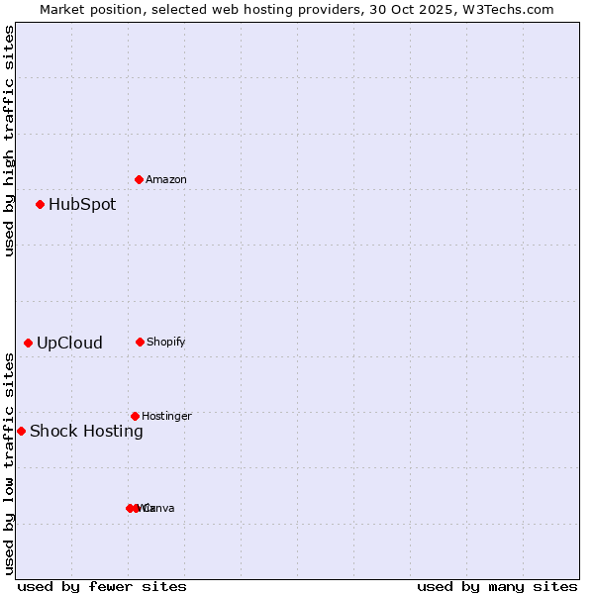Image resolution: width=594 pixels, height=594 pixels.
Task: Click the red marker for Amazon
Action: (140, 179)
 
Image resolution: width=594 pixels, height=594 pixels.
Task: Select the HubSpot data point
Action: (41, 205)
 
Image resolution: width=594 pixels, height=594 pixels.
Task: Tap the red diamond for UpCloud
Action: (29, 344)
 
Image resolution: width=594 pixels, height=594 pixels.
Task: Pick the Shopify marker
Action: (140, 342)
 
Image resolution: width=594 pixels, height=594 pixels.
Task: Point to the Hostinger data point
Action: (135, 416)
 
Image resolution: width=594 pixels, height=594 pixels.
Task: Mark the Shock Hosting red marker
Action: (21, 431)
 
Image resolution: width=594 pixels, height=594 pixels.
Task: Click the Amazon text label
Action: (166, 179)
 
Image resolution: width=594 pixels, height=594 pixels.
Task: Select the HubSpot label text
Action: (82, 205)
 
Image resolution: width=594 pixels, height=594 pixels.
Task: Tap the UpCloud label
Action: (69, 344)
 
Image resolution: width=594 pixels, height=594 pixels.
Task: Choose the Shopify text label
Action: (166, 342)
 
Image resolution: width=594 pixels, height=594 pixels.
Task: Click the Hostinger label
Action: (166, 416)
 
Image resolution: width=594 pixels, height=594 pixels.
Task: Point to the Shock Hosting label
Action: (86, 431)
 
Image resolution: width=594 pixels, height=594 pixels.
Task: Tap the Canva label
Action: (159, 508)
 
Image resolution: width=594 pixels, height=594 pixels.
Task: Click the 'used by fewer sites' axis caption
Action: (102, 586)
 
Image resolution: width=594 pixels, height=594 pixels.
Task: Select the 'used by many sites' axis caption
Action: (497, 586)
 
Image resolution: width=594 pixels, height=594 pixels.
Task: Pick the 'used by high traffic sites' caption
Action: (9, 141)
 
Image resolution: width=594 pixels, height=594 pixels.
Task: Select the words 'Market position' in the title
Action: (89, 9)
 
